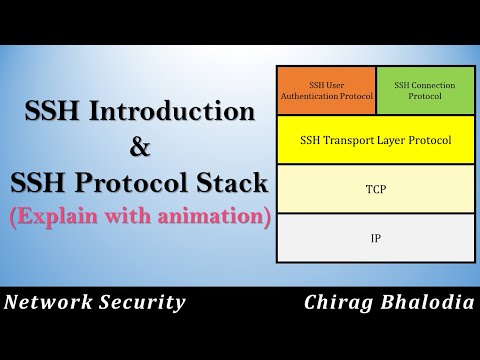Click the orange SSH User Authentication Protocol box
[x=326, y=90]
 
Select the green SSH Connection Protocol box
[x=425, y=90]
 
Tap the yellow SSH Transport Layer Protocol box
[x=375, y=140]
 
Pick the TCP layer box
[x=375, y=188]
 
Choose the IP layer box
[x=375, y=238]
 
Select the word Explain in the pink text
[x=53, y=216]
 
